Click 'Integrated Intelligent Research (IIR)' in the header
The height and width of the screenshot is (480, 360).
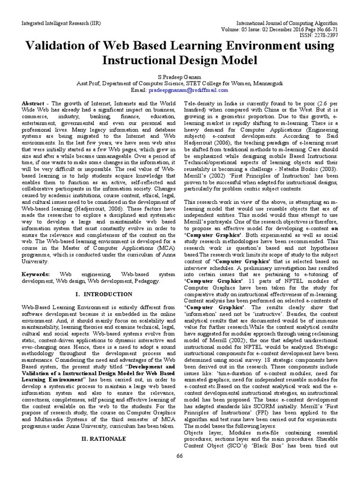(58, 22)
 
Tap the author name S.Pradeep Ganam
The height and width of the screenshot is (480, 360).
(180, 76)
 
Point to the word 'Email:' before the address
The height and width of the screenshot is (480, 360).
(138, 90)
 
